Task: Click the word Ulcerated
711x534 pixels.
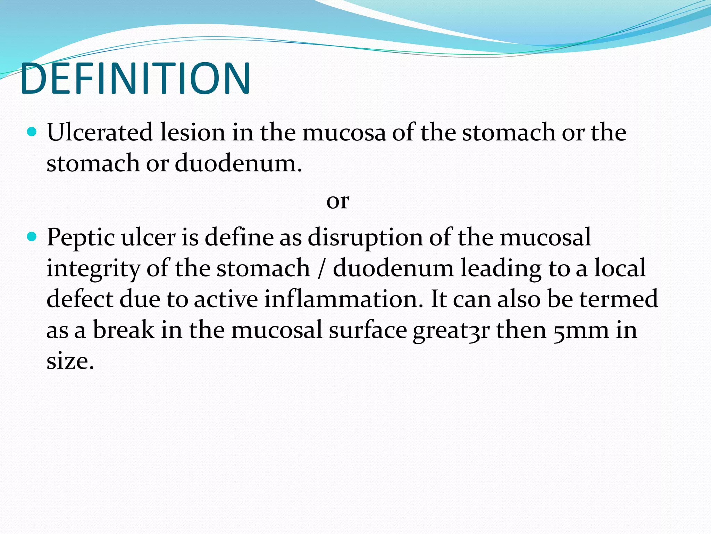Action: [100, 132]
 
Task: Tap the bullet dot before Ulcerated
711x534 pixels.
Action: [32, 132]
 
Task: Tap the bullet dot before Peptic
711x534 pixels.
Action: [32, 237]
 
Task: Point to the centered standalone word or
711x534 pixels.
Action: [337, 201]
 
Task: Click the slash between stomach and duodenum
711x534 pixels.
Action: [321, 269]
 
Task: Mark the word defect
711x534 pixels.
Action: [80, 299]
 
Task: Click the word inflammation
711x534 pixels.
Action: [343, 299]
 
